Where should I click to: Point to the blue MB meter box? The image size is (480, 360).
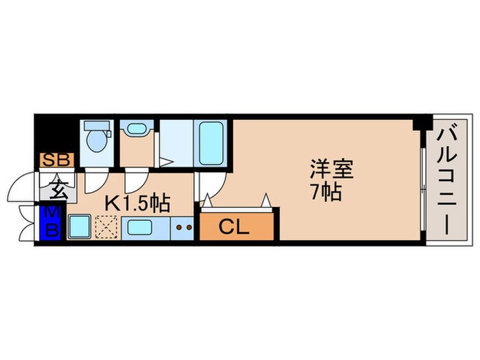(x=51, y=224)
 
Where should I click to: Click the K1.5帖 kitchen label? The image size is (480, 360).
(x=137, y=204)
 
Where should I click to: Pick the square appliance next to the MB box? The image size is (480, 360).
(x=80, y=226)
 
